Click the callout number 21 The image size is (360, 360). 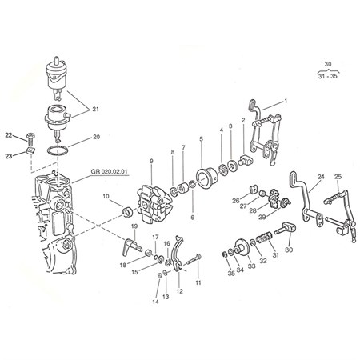coord(95,109)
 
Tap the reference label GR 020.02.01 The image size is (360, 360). coord(110,171)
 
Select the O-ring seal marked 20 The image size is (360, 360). coord(58,150)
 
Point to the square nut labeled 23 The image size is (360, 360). coord(31,150)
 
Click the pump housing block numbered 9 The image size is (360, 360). coord(154,203)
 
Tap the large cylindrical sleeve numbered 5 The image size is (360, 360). coord(207,178)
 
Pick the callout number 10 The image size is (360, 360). coord(106,197)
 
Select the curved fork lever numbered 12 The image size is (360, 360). coord(178,254)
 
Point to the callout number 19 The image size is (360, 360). coord(134,226)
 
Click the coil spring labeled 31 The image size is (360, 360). coord(264,237)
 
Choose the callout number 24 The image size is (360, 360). coord(321,177)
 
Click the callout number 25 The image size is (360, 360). coord(338,177)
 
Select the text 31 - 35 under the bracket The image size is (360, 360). coord(328,76)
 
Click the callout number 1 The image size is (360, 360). coord(286,101)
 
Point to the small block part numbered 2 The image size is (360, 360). coord(246,160)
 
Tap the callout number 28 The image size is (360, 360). coord(253,210)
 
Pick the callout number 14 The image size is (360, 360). coord(155,302)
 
